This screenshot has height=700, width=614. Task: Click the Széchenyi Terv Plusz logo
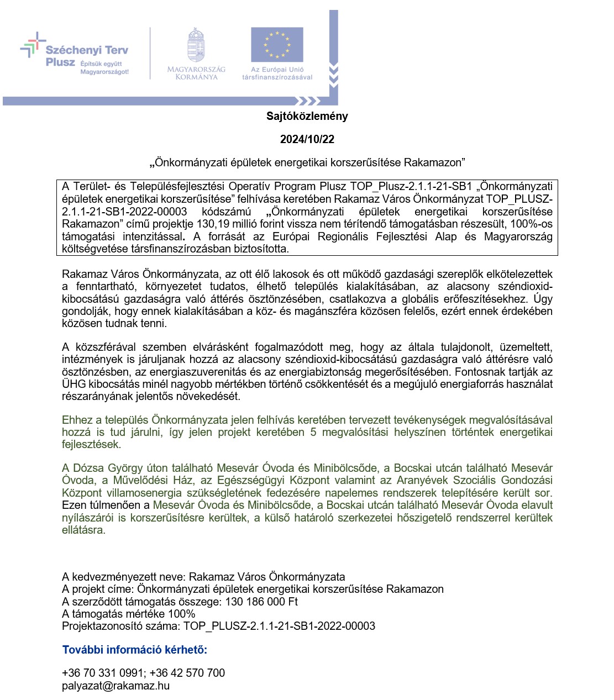75,54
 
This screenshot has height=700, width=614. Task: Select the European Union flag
277,45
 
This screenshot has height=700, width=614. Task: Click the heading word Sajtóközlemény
307,116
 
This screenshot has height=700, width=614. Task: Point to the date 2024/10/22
307,139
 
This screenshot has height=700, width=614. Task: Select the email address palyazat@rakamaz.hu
116,686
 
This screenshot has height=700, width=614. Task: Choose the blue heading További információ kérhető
134,650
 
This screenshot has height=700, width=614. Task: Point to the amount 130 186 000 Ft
261,602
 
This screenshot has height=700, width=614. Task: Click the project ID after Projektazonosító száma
279,626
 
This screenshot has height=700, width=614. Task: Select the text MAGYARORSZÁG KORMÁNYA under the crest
196,73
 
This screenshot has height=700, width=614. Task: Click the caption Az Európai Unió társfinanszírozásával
277,73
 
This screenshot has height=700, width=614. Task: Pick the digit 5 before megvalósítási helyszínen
313,432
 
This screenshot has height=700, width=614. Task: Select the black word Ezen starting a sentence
74,505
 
